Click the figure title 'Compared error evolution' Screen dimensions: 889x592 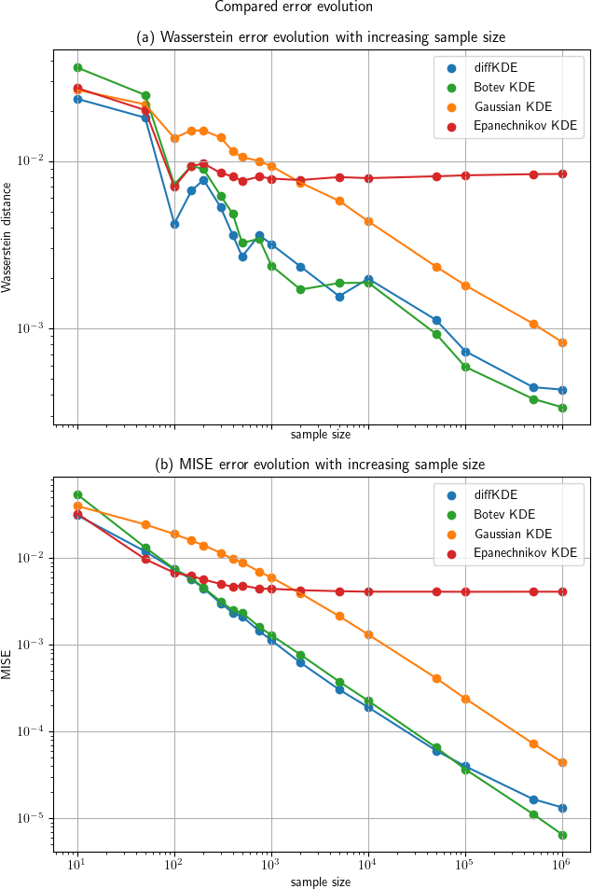pyautogui.click(x=294, y=7)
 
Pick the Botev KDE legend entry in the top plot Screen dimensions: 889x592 pyautogui.click(x=504, y=88)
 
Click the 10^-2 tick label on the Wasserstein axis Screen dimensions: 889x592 pyautogui.click(x=33, y=161)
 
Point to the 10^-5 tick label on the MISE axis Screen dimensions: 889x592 pyautogui.click(x=33, y=818)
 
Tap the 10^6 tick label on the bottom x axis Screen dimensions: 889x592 pyautogui.click(x=561, y=868)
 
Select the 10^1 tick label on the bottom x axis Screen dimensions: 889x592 pyautogui.click(x=77, y=868)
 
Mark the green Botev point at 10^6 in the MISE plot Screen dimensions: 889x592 pyautogui.click(x=562, y=835)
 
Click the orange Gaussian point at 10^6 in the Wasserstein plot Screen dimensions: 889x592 pyautogui.click(x=562, y=342)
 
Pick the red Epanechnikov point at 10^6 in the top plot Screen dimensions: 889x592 pyautogui.click(x=562, y=174)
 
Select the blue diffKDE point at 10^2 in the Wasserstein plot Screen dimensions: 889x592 pyautogui.click(x=174, y=224)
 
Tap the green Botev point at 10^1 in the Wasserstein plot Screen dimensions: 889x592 pyautogui.click(x=77, y=68)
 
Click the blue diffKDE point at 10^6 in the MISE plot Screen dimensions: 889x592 pyautogui.click(x=562, y=808)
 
